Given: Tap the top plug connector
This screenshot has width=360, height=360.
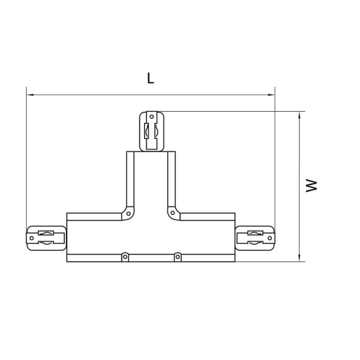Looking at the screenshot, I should (x=151, y=131).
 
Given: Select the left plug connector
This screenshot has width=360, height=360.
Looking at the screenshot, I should (x=45, y=237).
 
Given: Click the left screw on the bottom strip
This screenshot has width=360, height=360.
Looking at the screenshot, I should (x=125, y=255).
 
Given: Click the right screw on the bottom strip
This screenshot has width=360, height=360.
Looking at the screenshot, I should (x=178, y=255).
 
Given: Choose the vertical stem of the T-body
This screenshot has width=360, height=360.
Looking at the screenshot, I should (x=151, y=180).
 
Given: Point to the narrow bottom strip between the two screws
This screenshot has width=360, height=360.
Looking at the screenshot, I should (x=151, y=256).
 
